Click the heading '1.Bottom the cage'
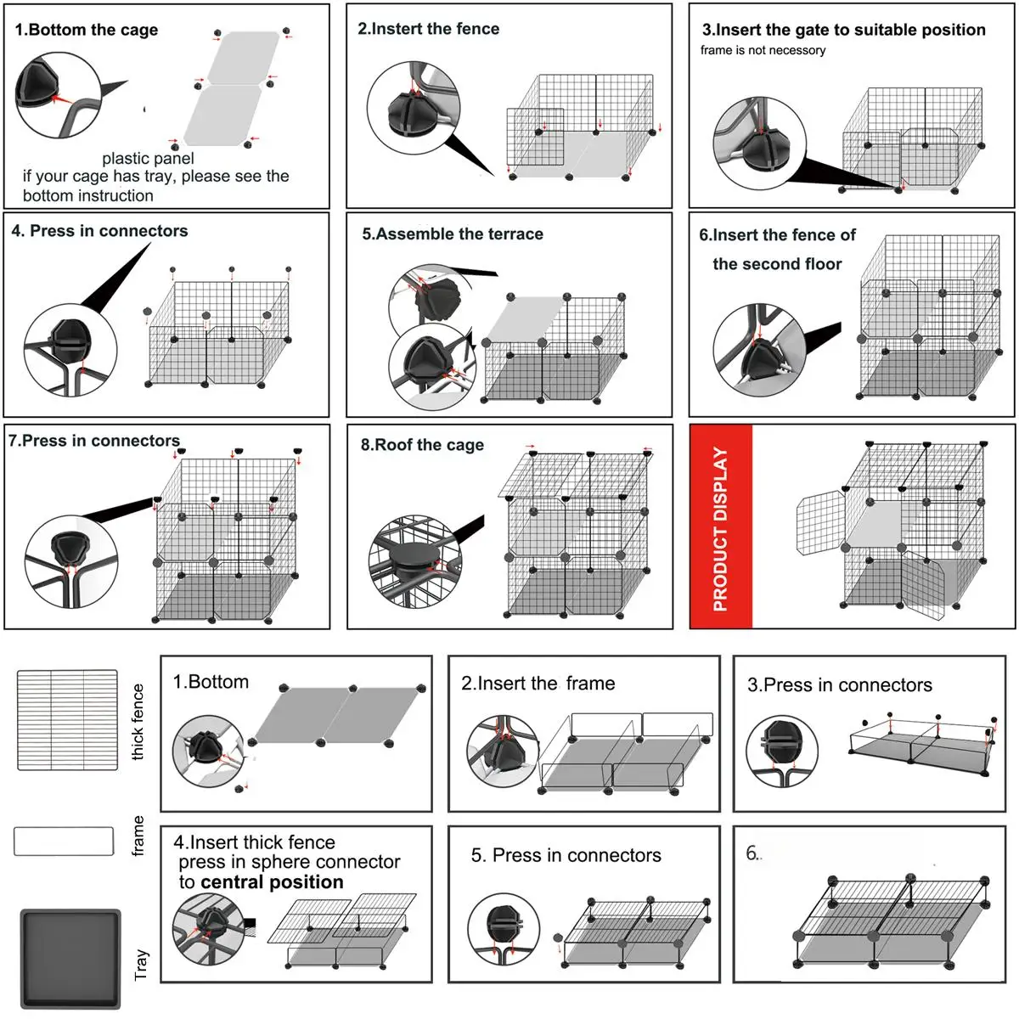87,30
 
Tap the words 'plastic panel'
148,159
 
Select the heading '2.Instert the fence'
428,29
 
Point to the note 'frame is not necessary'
763,50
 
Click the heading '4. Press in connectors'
99,231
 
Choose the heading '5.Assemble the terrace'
452,234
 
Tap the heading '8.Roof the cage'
422,445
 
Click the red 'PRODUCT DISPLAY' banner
721,527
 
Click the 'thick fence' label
138,722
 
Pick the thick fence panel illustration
67,720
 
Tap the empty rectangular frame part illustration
64,841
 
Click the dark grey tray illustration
70,959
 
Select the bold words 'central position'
272,882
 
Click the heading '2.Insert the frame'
538,684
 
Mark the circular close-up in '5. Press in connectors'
503,928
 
